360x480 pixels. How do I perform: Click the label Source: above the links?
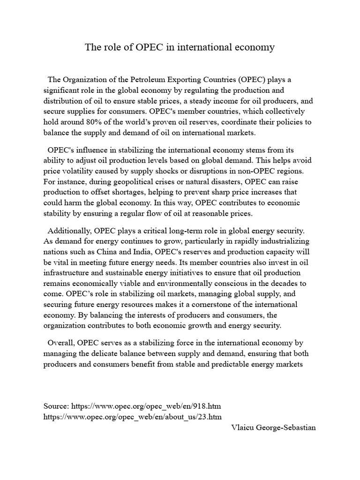57,406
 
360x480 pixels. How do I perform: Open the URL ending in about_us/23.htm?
132,416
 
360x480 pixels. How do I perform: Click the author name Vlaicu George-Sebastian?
274,427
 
